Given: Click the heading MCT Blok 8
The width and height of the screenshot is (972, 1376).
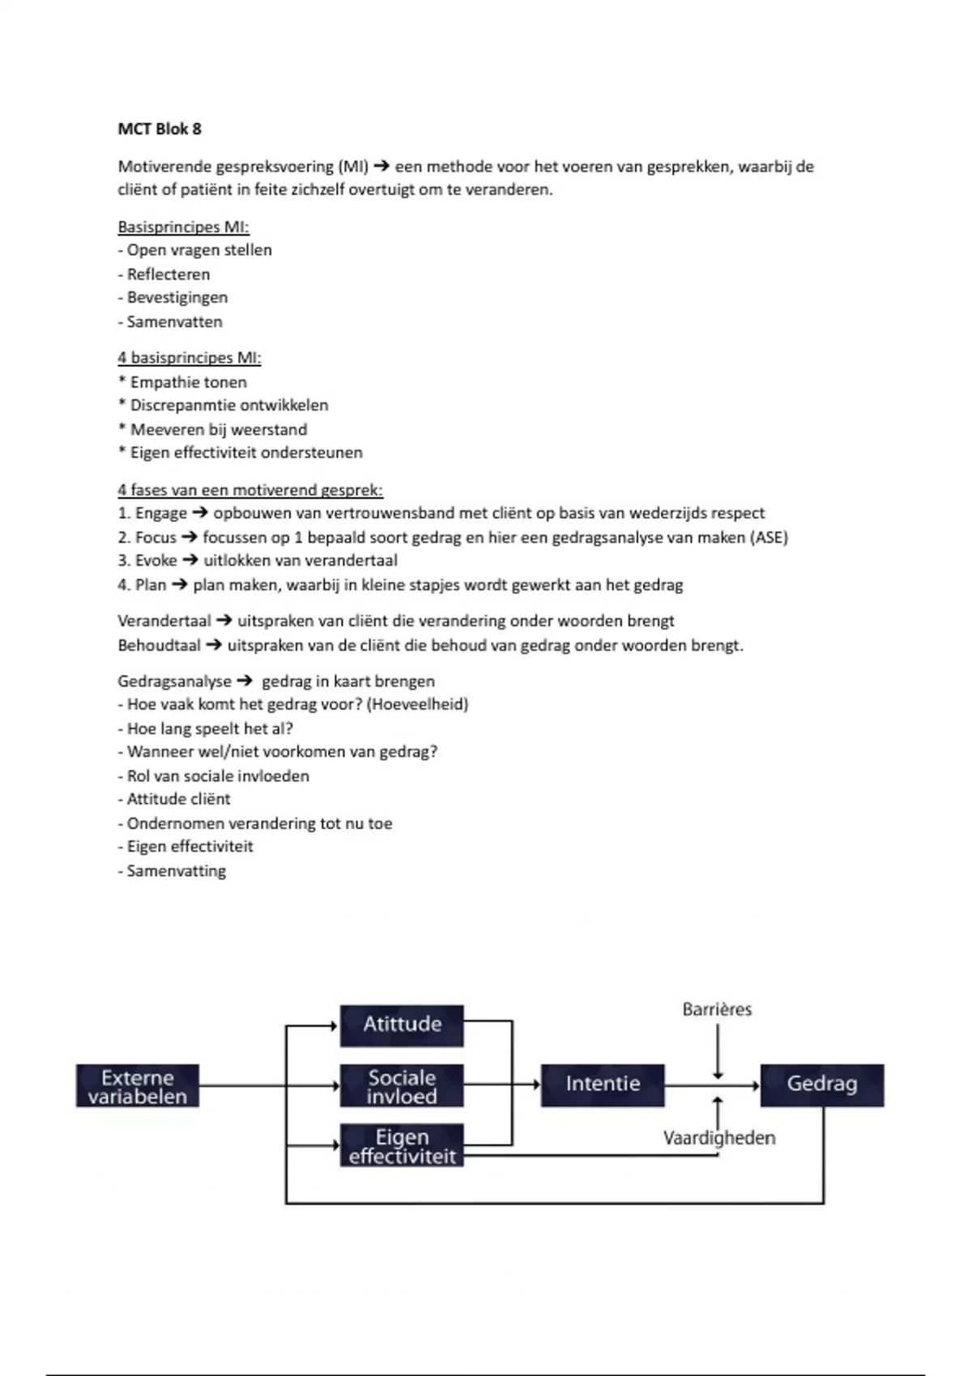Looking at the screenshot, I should tap(160, 129).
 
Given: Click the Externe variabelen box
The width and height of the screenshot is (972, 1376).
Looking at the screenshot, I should tap(138, 1086).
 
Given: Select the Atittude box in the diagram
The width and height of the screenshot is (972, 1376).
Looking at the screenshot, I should tap(402, 1025).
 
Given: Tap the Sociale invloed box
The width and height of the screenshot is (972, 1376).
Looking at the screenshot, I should tap(402, 1086).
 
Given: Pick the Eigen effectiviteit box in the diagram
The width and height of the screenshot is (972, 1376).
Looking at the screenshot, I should tap(402, 1146).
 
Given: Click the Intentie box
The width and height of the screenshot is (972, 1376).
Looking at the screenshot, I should tap(603, 1085).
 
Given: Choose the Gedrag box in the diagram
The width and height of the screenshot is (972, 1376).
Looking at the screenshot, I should tap(822, 1085).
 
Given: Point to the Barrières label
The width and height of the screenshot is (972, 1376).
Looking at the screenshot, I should tap(717, 1009).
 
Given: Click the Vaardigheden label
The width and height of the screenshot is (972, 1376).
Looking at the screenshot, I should tap(719, 1138).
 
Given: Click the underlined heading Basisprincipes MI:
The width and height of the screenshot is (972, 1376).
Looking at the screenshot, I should tap(183, 227).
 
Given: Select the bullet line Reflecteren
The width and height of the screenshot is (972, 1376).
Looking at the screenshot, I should tap(168, 274).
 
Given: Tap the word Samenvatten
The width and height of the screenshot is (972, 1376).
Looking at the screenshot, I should tap(174, 321).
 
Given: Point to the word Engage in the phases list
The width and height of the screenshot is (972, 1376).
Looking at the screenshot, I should tap(161, 513).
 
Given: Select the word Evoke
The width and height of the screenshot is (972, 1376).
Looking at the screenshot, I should tap(156, 561).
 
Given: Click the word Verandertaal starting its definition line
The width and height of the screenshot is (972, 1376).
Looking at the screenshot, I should tap(164, 621).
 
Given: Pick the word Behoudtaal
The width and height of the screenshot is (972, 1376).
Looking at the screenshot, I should tap(159, 645).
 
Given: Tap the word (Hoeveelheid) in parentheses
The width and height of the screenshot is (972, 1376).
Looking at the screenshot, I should tap(417, 704).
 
